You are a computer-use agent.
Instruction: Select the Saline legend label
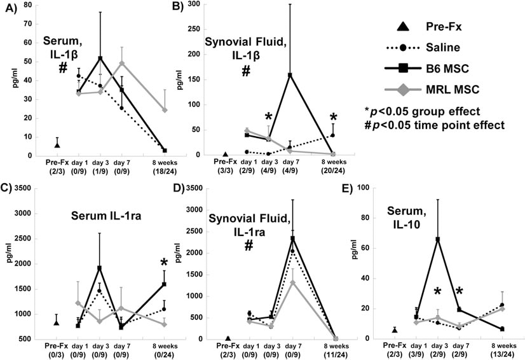coord(442,48)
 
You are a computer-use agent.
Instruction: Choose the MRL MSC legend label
coord(453,90)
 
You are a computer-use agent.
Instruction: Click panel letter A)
coord(11,8)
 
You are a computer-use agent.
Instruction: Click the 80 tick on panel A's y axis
coord(28,5)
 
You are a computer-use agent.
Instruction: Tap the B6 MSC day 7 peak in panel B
coord(290,75)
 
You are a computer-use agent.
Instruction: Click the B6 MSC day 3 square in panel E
coord(437,239)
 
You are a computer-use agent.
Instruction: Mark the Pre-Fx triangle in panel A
coord(57,145)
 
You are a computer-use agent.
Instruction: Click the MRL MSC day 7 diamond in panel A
coord(122,63)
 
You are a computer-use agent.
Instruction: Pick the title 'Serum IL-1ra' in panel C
coord(106,216)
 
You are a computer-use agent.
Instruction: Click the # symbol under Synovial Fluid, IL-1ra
coord(248,246)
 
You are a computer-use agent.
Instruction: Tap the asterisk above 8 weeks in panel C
coord(164,263)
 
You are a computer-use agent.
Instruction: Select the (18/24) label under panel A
coord(165,171)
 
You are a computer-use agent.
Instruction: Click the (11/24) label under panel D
coord(336,354)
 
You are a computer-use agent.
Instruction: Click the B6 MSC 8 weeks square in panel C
coord(164,284)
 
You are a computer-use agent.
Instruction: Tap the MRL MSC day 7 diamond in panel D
coord(292,283)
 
